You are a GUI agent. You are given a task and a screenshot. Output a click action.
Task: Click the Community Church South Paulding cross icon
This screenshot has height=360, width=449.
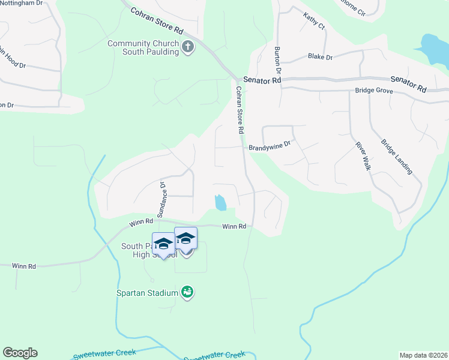(x=188, y=47)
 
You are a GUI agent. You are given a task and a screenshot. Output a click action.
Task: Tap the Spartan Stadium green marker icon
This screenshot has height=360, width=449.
(x=187, y=293)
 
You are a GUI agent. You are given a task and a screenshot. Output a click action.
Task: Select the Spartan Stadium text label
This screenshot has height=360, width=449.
(x=148, y=293)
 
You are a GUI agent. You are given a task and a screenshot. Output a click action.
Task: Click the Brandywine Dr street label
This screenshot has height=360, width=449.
(x=270, y=145)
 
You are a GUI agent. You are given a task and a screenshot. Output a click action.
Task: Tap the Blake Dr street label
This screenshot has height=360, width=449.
(x=320, y=57)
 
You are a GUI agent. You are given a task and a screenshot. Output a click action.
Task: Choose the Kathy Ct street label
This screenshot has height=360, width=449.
(x=313, y=22)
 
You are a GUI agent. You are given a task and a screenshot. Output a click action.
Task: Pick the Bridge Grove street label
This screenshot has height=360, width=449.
(x=373, y=91)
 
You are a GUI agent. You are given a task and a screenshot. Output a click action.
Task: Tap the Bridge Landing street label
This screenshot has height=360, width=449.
(x=397, y=157)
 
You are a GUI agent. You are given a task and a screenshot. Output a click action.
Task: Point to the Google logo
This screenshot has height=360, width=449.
(x=20, y=353)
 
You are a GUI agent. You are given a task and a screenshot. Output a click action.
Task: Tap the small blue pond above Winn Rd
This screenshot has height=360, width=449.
(x=220, y=202)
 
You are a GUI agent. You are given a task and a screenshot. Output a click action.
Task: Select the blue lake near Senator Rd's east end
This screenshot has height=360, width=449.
(x=435, y=49)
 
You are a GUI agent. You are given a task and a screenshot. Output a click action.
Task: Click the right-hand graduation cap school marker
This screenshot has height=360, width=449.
(x=186, y=239)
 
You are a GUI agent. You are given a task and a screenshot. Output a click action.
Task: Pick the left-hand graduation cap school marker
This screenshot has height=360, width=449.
(x=163, y=244)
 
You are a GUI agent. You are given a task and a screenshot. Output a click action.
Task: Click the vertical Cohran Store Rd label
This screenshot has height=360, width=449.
(x=240, y=110)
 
